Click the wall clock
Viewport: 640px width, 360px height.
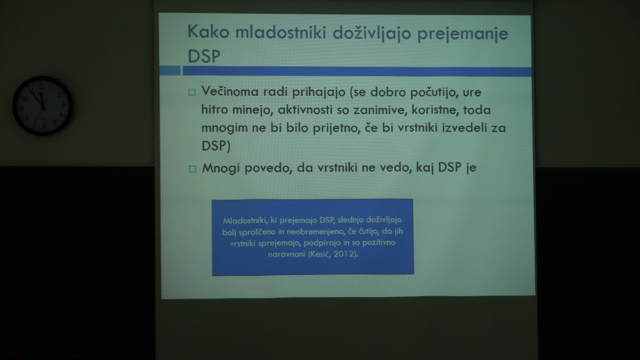42,106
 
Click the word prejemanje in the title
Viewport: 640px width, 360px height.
463,34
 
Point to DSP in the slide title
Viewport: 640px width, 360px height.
204,56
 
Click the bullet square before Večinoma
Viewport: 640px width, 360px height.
191,92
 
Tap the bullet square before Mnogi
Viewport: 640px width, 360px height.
193,169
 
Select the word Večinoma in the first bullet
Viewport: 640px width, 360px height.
230,91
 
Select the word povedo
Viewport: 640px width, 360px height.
269,169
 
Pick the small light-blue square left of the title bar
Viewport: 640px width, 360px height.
170,70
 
